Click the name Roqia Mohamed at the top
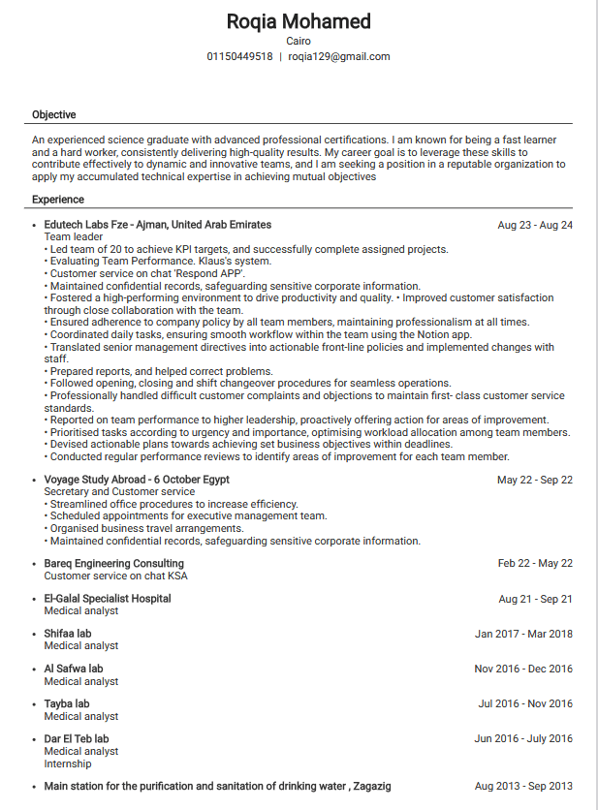299,21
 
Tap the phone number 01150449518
239,57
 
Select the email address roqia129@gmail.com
339,57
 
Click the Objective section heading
53,115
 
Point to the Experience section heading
57,200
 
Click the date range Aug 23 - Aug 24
535,226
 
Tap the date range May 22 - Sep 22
535,481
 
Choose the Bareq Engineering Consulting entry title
113,564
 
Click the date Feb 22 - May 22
535,564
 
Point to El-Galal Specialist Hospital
108,599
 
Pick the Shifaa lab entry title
68,634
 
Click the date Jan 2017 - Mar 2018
523,635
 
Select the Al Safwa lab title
74,669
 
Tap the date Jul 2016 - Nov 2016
525,704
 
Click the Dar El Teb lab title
77,739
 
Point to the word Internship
68,763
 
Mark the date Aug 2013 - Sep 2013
523,787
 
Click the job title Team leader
74,236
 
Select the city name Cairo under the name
299,41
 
